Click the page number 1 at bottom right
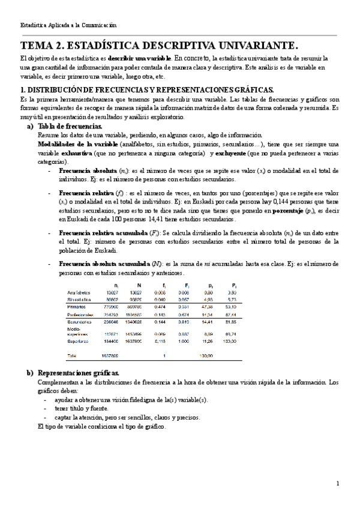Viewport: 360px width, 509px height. point(338,483)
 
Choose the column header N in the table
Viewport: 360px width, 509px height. point(139,285)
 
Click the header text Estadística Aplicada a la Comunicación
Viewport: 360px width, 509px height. point(68,25)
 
